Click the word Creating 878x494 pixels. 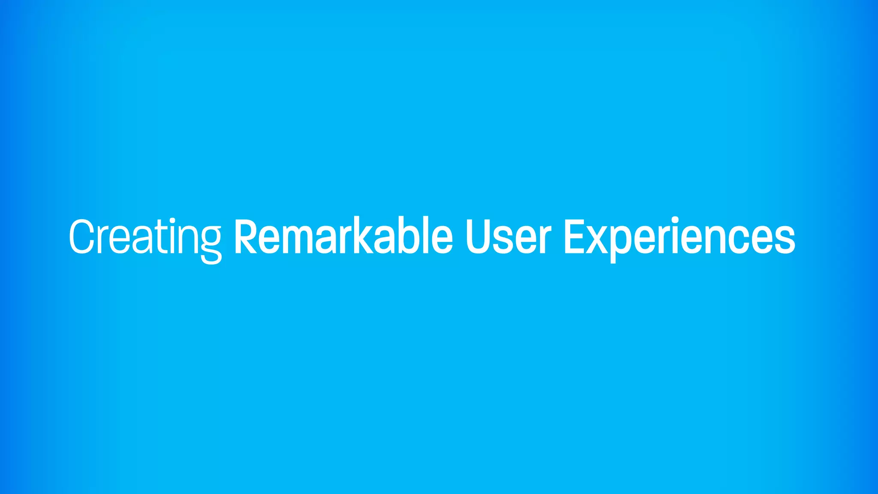pyautogui.click(x=145, y=237)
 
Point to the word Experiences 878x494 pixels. pyautogui.click(x=680, y=237)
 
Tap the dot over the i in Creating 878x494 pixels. pyautogui.click(x=172, y=221)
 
